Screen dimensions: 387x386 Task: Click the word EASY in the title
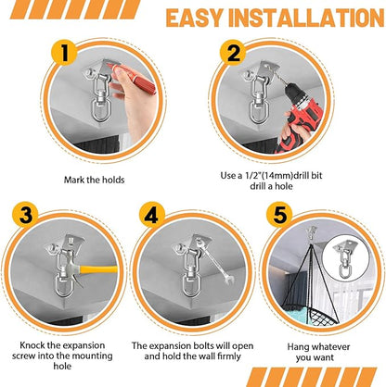pos(197,18)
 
